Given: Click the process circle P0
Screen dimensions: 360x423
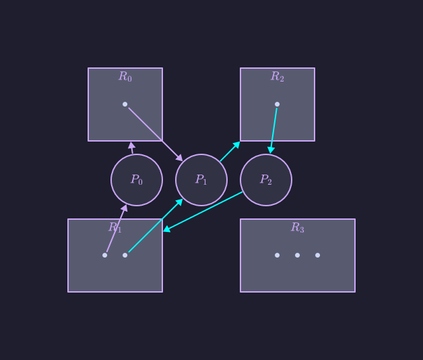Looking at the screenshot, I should click(x=137, y=180).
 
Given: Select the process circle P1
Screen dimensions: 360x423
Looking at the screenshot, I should click(x=201, y=180).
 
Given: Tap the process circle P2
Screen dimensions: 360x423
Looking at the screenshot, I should click(x=266, y=180).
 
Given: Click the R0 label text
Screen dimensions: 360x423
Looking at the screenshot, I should click(x=125, y=77).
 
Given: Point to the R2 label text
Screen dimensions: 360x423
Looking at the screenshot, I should click(x=278, y=77).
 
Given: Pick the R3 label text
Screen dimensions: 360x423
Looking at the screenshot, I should click(x=298, y=228).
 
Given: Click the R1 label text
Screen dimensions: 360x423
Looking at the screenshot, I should click(x=115, y=228).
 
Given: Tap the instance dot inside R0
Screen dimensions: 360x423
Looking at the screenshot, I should click(x=125, y=104).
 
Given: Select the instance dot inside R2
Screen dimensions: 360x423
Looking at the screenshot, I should click(x=278, y=104).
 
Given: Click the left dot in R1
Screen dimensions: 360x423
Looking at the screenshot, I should click(x=105, y=255).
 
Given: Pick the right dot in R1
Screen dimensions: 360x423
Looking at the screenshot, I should click(x=125, y=255).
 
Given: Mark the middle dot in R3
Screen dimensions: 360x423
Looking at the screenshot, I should click(x=297, y=255).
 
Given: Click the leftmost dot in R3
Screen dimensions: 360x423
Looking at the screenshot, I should click(x=277, y=255).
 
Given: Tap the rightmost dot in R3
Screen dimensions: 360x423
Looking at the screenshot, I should click(x=317, y=255).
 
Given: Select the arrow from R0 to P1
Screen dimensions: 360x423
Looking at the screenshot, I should click(x=154, y=133).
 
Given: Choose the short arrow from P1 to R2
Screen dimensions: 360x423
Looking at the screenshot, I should click(x=230, y=152).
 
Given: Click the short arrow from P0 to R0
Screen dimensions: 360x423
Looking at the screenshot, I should click(x=132, y=148).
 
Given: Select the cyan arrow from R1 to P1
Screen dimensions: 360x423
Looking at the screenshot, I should click(x=156, y=226).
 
